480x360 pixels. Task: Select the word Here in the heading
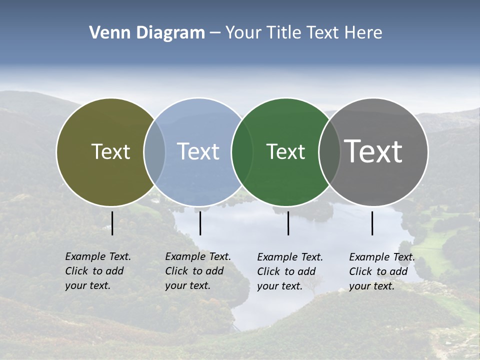363,33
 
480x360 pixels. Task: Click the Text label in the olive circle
110,151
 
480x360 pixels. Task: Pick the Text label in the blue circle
198,151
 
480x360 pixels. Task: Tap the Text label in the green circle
285,151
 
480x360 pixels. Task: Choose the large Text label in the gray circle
373,151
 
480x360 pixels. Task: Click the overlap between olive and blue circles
154,152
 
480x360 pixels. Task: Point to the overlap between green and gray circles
329,152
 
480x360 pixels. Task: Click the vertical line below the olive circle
112,223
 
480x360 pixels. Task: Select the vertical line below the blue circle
200,223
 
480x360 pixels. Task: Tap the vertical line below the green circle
288,223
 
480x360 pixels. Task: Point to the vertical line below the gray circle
372,223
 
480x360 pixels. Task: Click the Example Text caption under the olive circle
98,271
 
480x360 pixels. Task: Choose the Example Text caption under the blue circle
198,271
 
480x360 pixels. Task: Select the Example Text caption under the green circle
290,271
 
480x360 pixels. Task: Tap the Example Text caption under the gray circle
382,271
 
